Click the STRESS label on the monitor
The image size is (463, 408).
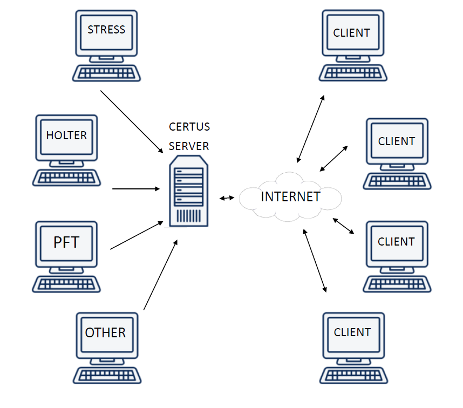(x=106, y=30)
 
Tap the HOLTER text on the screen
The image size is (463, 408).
(x=66, y=135)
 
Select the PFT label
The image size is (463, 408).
(x=66, y=242)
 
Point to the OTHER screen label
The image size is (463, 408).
(x=105, y=332)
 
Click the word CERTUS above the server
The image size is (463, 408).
(x=189, y=127)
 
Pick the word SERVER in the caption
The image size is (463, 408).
(x=189, y=146)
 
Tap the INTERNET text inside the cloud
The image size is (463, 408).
(x=290, y=196)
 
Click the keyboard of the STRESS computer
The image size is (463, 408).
(x=107, y=73)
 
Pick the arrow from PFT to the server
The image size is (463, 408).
(x=136, y=235)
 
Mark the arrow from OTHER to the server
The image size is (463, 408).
(x=160, y=275)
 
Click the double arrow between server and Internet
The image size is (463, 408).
(x=227, y=198)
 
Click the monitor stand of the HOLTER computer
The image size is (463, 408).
(x=67, y=164)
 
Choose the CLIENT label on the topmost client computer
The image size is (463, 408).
(x=352, y=33)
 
